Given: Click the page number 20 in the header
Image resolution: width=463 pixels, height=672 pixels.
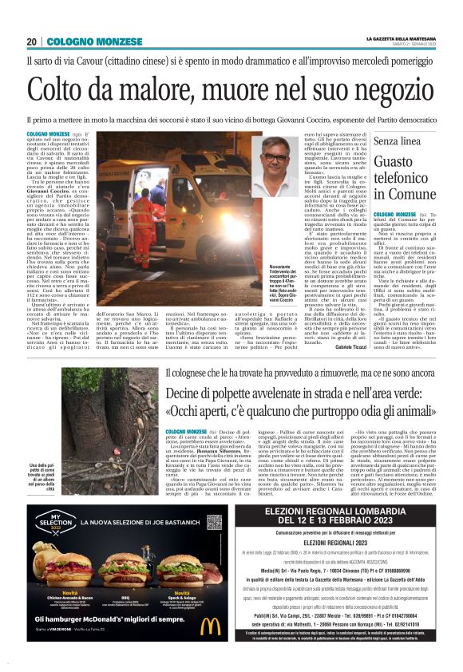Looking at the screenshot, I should [x=32, y=41].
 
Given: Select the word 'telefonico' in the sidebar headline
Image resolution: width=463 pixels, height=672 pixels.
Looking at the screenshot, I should [x=406, y=176].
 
